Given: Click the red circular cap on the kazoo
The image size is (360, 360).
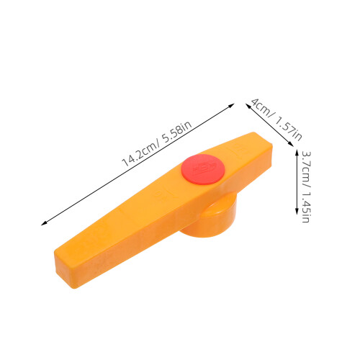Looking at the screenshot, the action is pyautogui.click(x=203, y=169).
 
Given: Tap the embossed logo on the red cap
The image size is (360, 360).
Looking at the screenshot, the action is pyautogui.click(x=204, y=167).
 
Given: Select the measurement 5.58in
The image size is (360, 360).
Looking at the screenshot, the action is pyautogui.click(x=177, y=132).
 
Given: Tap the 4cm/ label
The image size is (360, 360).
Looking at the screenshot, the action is pyautogui.click(x=262, y=108).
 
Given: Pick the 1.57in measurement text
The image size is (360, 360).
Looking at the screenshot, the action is pyautogui.click(x=288, y=128).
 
